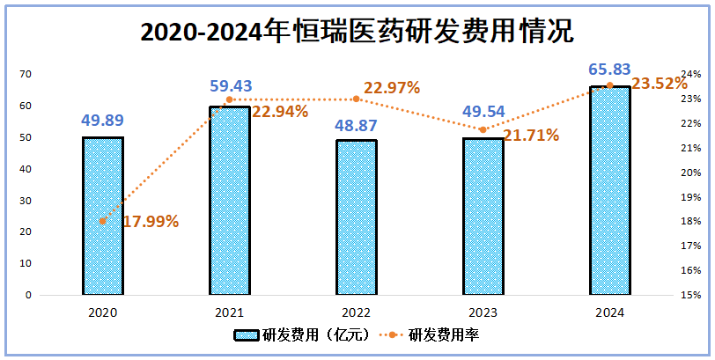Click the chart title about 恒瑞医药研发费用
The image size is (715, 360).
pos(357,32)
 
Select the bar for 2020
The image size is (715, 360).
pos(103,216)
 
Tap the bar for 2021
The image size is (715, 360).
pos(229,201)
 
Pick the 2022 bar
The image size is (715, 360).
pos(356,217)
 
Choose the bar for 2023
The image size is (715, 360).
pos(483,216)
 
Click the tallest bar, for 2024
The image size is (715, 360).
pos(609,190)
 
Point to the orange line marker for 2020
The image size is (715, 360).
pos(103,221)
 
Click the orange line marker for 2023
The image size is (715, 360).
pos(483,129)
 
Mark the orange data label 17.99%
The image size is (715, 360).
pos(151,222)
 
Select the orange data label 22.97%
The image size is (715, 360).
pos(391,88)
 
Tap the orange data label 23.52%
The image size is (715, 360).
pos(660,84)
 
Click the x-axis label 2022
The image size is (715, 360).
pos(356,312)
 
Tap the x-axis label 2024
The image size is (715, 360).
pos(609,312)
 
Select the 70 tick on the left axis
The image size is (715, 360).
pos(26,75)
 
